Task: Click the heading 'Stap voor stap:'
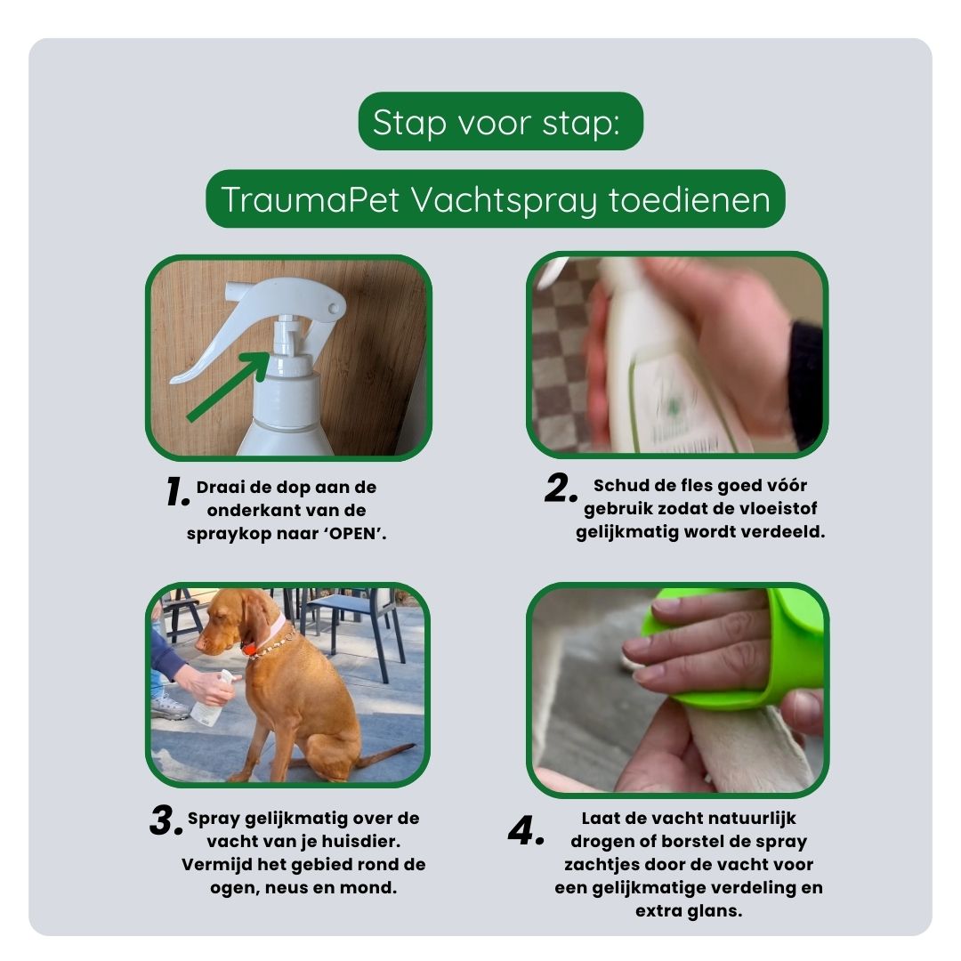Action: (x=500, y=122)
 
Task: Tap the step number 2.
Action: (x=561, y=489)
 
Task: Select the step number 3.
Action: (x=166, y=822)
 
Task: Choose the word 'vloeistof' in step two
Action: (x=773, y=509)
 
